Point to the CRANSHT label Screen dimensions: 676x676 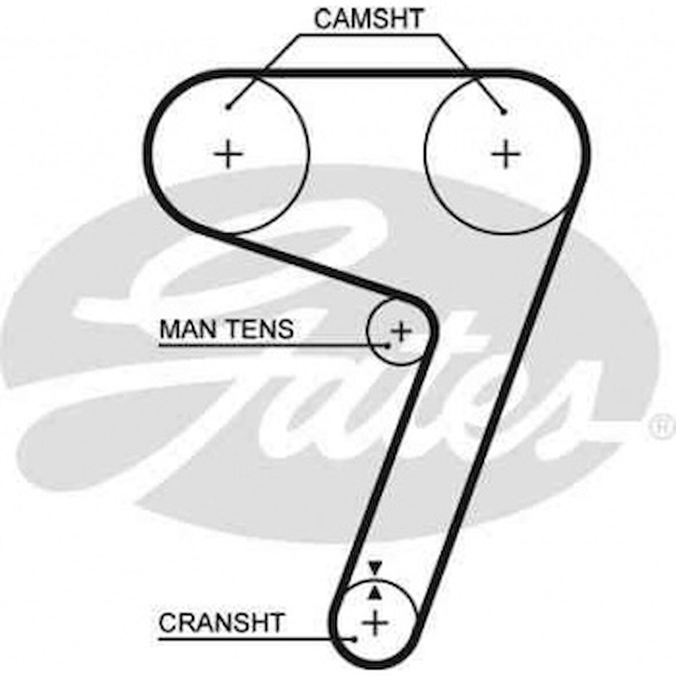(221, 623)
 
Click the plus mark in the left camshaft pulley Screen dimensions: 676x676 (229, 154)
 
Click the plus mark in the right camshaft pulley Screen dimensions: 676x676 (506, 154)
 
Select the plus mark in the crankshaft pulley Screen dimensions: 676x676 (376, 622)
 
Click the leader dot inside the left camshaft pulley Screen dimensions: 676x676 (228, 106)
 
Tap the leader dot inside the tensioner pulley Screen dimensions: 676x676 (388, 345)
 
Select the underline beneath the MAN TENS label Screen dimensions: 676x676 (269, 345)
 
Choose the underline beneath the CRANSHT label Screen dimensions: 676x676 (246, 639)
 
